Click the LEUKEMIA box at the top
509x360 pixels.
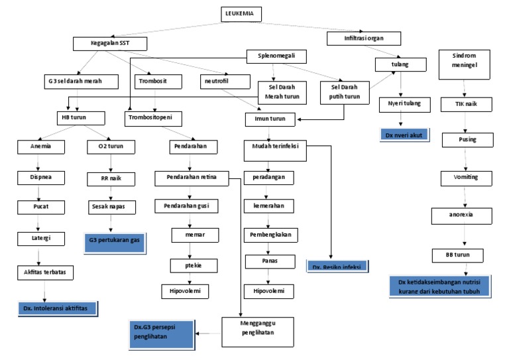pos(241,13)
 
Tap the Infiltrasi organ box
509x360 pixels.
pos(355,38)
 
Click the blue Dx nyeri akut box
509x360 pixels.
pos(404,135)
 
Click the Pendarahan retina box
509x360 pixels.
pos(192,178)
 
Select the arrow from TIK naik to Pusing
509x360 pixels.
pos(465,121)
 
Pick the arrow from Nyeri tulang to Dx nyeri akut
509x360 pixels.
pos(402,119)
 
